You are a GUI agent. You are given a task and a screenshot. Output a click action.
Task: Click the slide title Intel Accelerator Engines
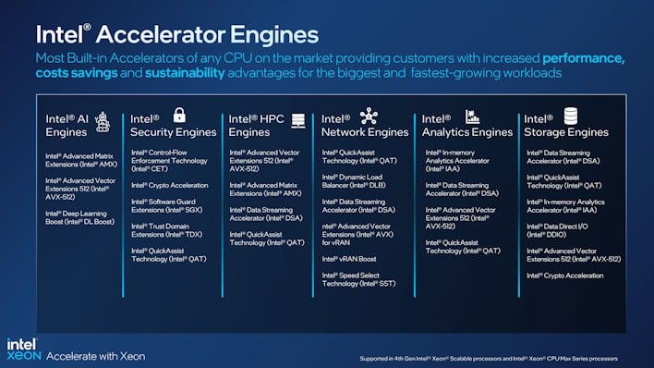(x=176, y=35)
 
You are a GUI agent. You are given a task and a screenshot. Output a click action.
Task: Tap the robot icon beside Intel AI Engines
(x=103, y=120)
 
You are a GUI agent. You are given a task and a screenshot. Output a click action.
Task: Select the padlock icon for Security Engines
(x=179, y=116)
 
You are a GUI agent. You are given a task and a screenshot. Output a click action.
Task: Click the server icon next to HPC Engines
(x=297, y=120)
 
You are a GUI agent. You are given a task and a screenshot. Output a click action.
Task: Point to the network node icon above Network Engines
(x=369, y=116)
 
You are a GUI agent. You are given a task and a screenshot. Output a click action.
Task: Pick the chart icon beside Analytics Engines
(x=472, y=117)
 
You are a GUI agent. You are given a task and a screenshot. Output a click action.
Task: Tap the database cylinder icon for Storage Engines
(x=570, y=117)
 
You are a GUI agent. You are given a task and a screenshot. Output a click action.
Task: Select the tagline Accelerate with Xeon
(x=95, y=355)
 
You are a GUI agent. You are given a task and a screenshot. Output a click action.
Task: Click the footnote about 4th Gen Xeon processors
(x=488, y=358)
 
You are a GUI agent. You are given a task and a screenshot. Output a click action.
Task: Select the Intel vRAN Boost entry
(x=348, y=259)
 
